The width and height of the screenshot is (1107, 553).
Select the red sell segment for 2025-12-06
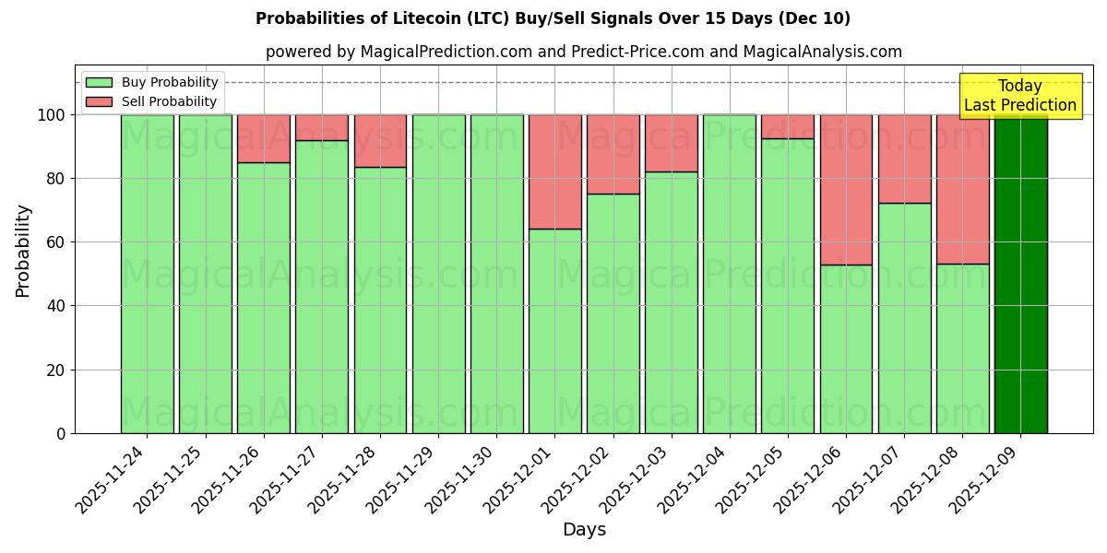click(846, 190)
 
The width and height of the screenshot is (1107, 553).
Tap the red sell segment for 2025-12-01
click(554, 171)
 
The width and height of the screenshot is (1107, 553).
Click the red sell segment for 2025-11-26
click(263, 138)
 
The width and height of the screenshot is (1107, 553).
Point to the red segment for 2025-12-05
click(788, 126)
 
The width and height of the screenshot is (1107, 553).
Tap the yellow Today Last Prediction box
click(1020, 96)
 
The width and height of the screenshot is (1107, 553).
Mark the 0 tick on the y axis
click(61, 433)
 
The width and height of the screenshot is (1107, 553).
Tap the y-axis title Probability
click(23, 251)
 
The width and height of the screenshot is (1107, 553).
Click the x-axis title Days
click(584, 530)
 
